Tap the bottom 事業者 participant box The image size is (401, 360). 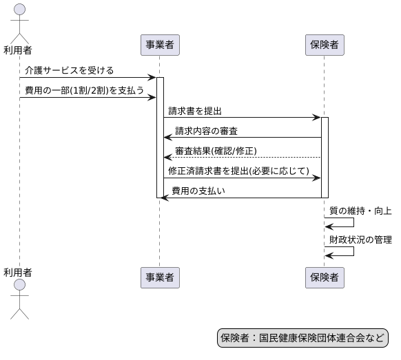click(x=159, y=277)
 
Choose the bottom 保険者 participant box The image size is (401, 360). click(x=325, y=277)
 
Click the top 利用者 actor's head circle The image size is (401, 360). click(x=19, y=9)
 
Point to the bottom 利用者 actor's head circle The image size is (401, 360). click(x=19, y=285)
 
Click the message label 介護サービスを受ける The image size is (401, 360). click(x=69, y=70)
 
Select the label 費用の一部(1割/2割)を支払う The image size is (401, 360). click(x=85, y=90)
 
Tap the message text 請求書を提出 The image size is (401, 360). click(x=195, y=110)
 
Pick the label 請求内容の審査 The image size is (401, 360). click(x=207, y=131)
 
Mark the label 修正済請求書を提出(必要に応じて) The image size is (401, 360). click(x=238, y=171)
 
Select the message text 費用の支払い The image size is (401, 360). click(x=198, y=191)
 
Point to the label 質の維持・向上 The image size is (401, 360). click(x=360, y=211)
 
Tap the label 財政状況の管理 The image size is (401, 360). click(x=360, y=240)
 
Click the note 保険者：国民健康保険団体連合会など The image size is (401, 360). click(x=302, y=338)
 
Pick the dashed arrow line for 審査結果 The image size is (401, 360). click(x=241, y=158)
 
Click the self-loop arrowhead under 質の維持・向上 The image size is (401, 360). click(x=329, y=226)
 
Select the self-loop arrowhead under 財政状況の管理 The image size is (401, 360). click(x=329, y=255)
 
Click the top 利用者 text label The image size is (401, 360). click(x=18, y=50)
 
